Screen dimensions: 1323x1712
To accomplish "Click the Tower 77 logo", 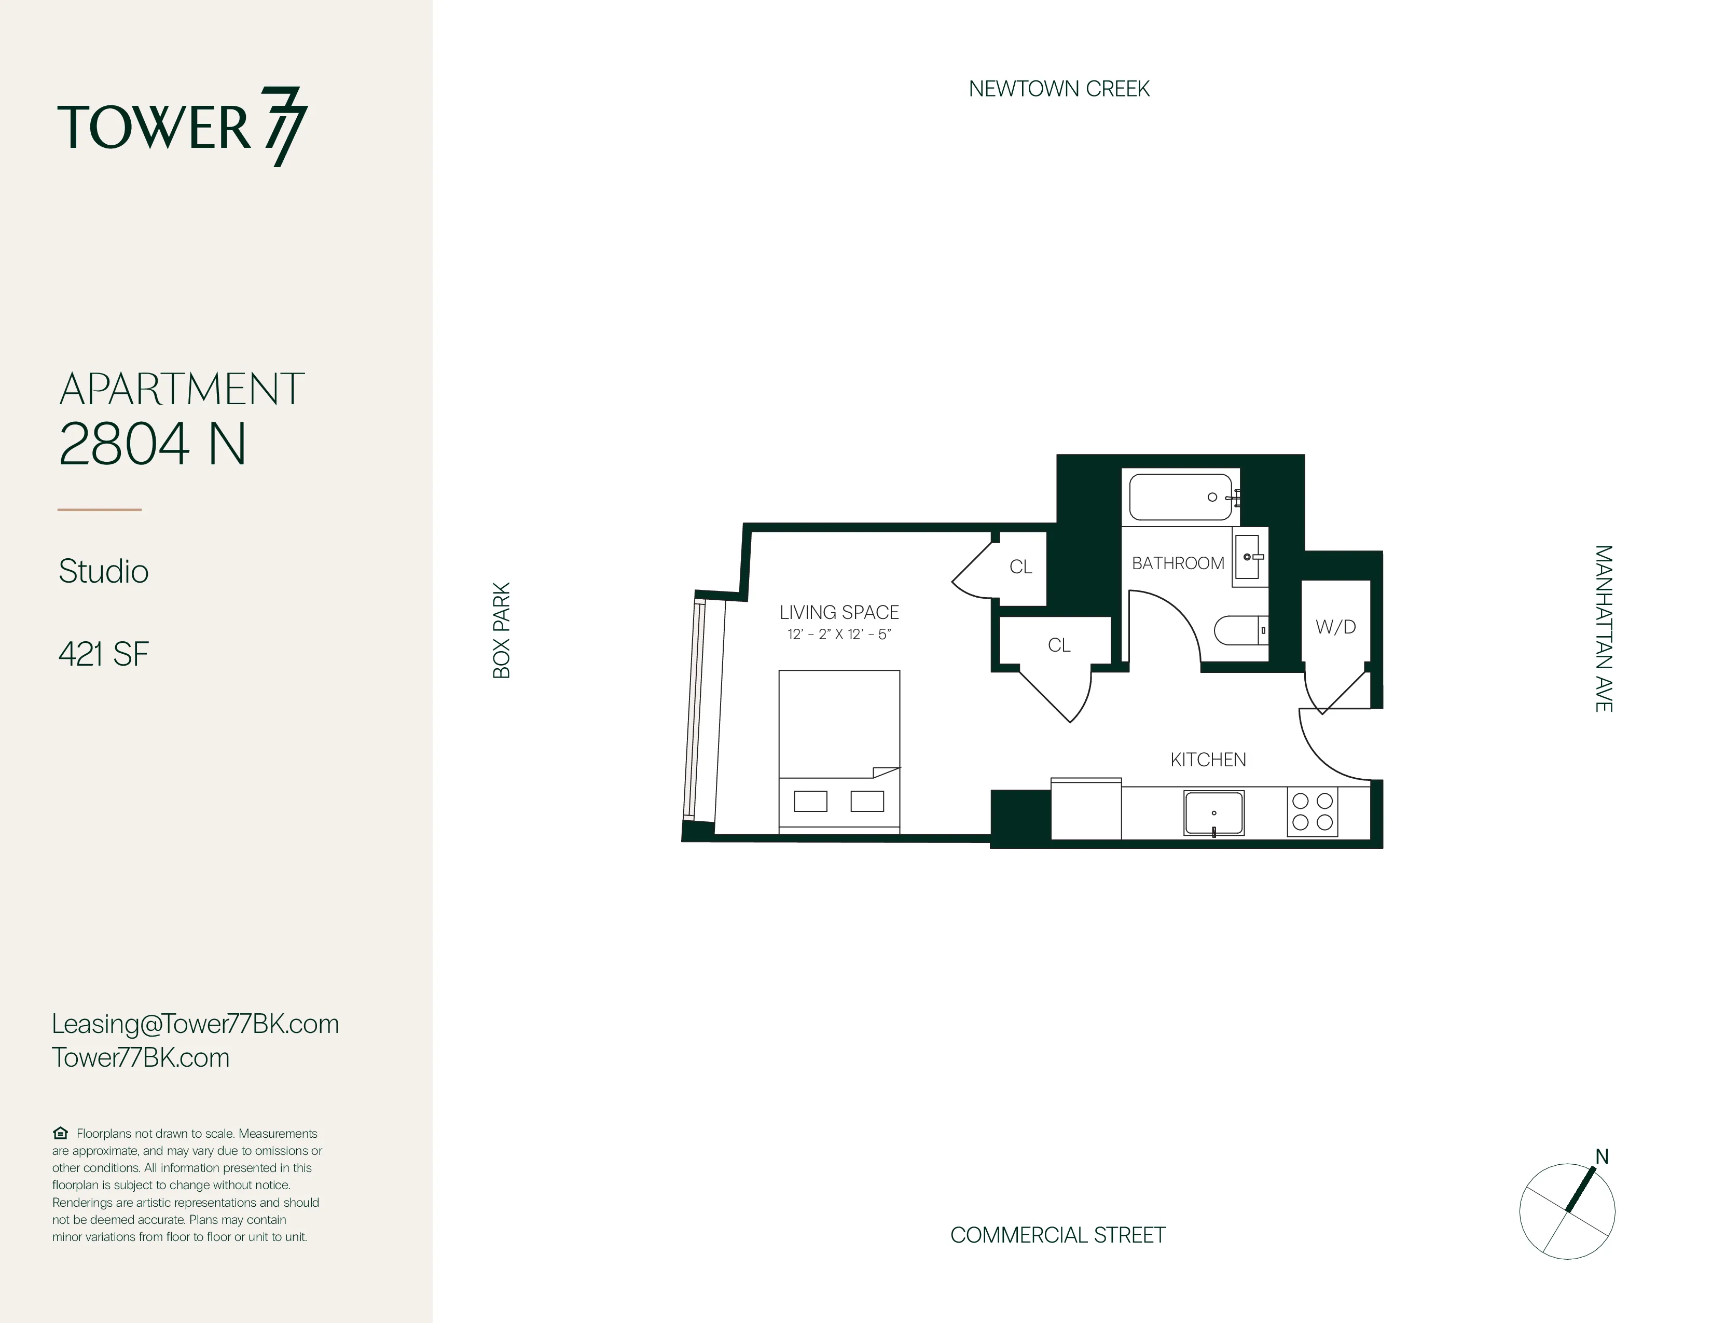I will tap(182, 128).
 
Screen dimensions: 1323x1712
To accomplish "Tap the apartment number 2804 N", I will tap(153, 445).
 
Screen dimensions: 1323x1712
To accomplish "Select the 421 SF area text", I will tap(103, 654).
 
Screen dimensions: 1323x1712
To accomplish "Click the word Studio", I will tap(103, 571).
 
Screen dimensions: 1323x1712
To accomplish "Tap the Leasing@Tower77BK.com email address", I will tap(195, 1024).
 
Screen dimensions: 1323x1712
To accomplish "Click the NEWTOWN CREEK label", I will tap(1058, 89).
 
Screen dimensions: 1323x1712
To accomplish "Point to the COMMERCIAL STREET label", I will tap(1057, 1235).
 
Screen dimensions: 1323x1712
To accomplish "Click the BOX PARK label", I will tap(502, 630).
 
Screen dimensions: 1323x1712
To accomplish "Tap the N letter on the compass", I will tap(1602, 1157).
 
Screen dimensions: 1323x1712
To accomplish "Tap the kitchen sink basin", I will tap(1213, 814).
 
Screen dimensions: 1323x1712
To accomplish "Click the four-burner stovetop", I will tap(1312, 812).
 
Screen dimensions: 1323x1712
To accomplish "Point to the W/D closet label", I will tap(1336, 627).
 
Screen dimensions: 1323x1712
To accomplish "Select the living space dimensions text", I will tap(839, 635).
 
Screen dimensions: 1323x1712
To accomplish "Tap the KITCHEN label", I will tap(1208, 760).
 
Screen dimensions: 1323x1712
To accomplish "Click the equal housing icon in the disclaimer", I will tap(60, 1133).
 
